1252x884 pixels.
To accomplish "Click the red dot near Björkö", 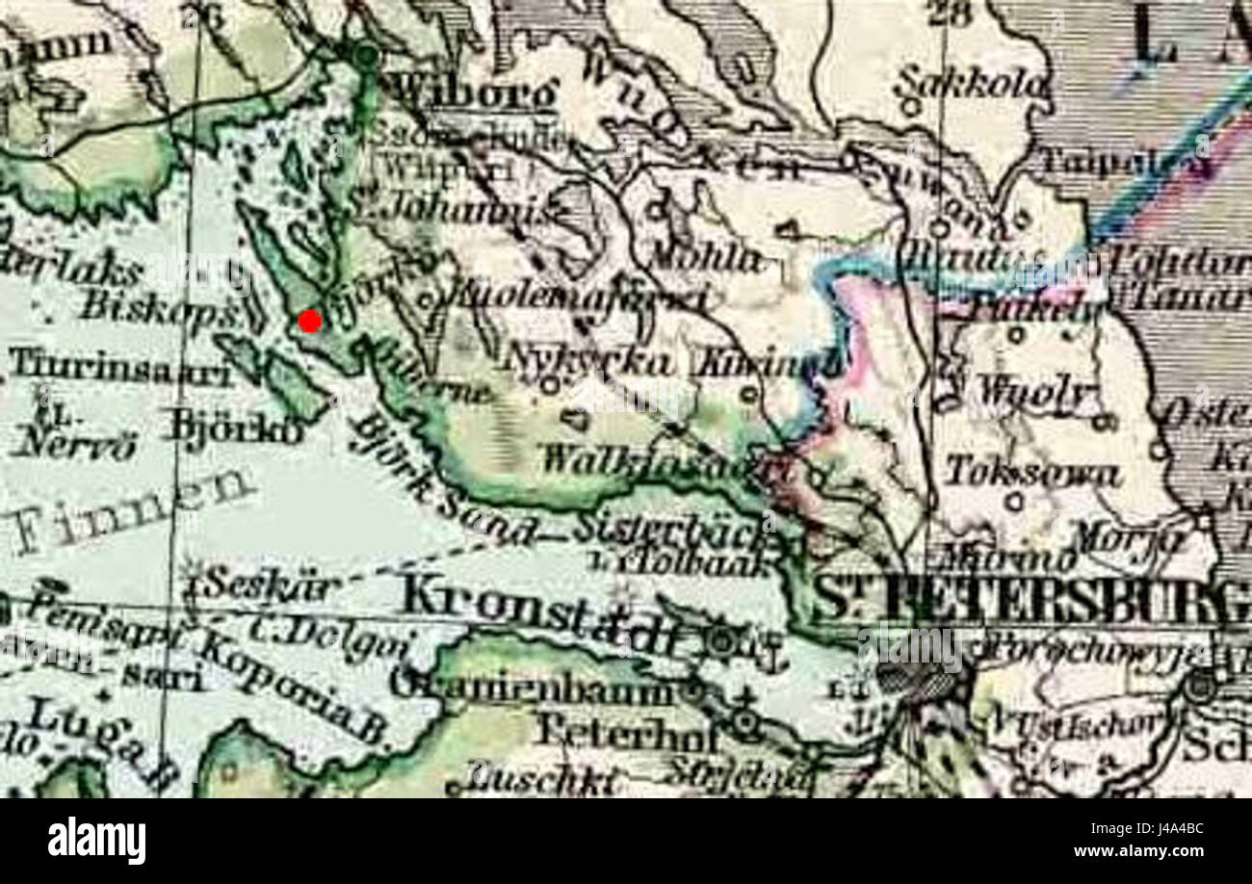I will [x=310, y=322].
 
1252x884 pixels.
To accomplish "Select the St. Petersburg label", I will [x=1030, y=602].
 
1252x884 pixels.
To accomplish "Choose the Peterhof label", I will [x=627, y=734].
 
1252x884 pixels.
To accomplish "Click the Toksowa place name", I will [x=1031, y=473].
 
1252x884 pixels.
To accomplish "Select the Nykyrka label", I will [x=587, y=360].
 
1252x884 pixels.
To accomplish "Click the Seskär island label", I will [x=259, y=584].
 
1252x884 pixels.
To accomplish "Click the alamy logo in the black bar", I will [x=96, y=841].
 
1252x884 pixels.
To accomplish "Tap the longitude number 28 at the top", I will [x=946, y=13].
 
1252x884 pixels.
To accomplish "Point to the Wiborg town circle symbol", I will [x=366, y=55].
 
